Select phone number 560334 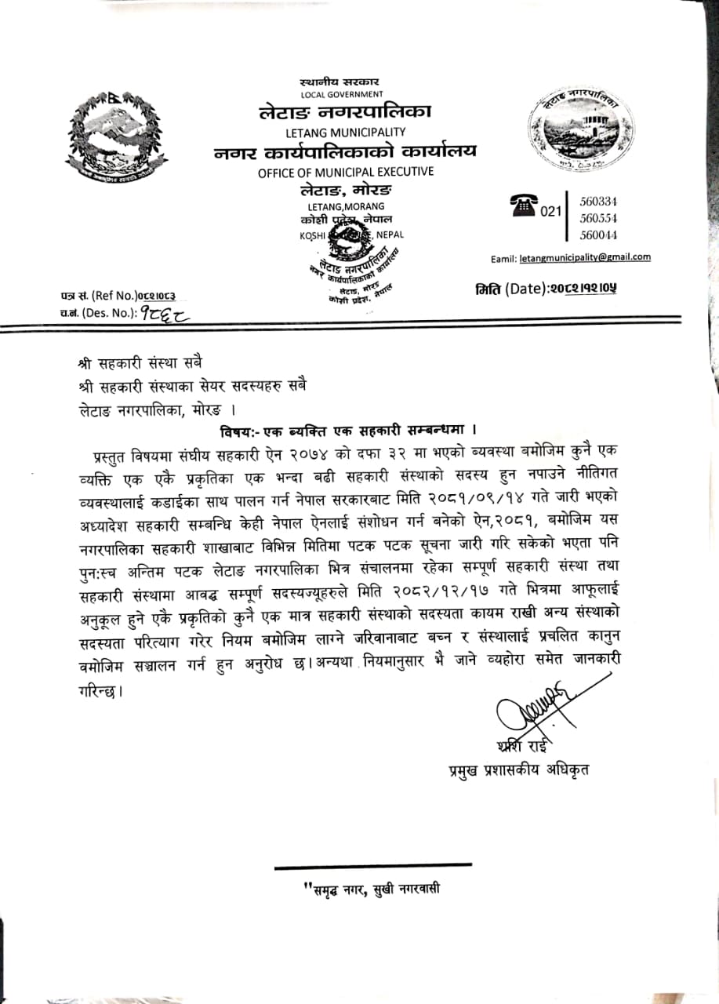point(598,202)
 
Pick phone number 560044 point(598,235)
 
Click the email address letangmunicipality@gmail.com point(584,257)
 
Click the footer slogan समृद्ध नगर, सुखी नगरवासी point(374,889)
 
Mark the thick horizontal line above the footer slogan point(373,865)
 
